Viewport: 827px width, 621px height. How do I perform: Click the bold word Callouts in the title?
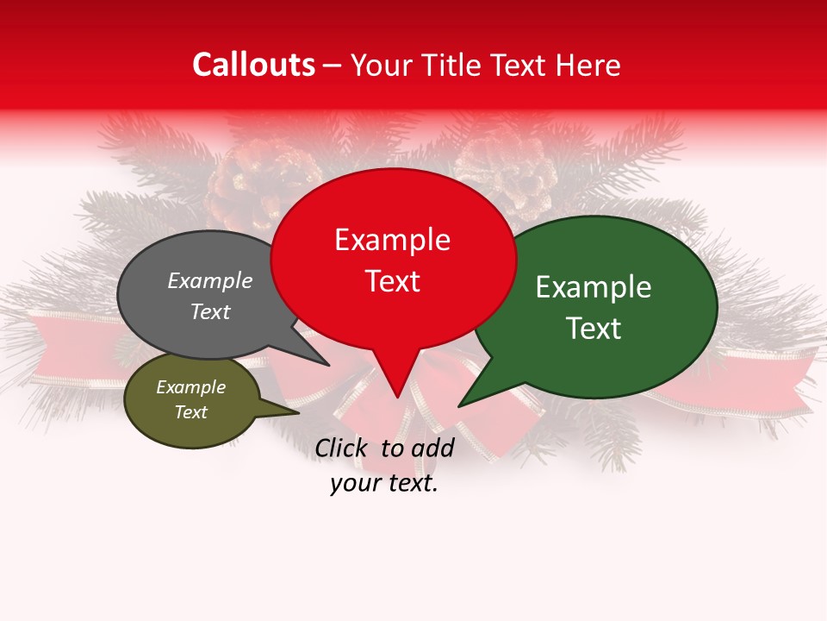pos(253,65)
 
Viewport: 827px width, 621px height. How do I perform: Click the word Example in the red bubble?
pos(392,240)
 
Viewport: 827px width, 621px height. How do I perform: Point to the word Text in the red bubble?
pos(392,281)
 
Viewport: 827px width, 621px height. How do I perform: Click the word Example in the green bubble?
pos(594,287)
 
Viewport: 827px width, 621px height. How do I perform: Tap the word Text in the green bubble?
pos(594,329)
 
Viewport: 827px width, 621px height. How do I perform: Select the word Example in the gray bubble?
pos(210,281)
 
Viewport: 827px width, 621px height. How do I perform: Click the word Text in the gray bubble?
pos(210,311)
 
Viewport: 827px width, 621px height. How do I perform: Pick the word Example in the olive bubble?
pos(190,387)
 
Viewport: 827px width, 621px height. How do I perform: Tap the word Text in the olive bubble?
pos(190,412)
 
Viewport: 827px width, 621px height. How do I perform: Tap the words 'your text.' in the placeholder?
pos(384,483)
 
